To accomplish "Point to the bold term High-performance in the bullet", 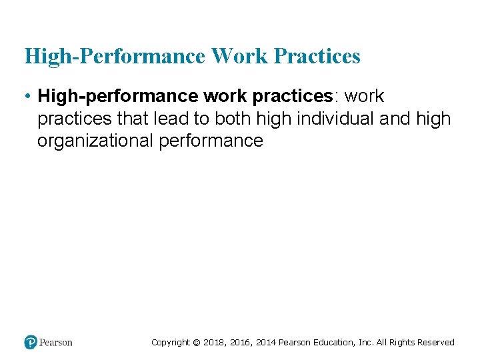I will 119,97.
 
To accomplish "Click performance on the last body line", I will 211,141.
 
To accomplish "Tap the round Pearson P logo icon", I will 31,343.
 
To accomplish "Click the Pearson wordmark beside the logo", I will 56,343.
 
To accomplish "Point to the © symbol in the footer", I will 196,343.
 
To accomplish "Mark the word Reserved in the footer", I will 436,343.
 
